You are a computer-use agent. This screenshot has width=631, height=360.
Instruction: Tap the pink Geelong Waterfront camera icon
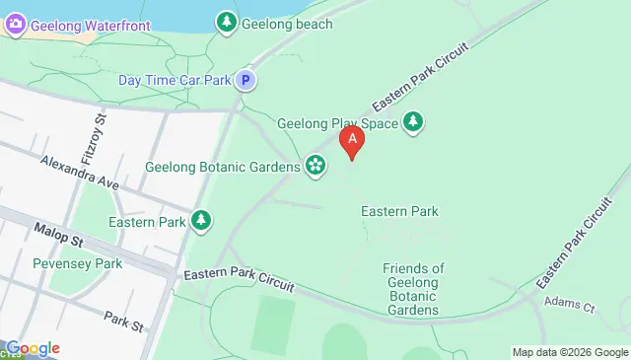(x=15, y=26)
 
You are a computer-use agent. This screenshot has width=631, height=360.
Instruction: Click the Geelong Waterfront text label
(x=90, y=26)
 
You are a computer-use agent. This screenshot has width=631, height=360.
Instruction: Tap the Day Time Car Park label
(x=175, y=80)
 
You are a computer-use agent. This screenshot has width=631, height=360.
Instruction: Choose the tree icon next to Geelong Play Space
(x=415, y=123)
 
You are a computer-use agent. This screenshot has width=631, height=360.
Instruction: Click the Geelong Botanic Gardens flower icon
(x=315, y=166)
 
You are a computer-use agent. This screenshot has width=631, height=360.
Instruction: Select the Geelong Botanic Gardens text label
(x=222, y=167)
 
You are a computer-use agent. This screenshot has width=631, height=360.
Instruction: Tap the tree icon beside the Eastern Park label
(x=201, y=220)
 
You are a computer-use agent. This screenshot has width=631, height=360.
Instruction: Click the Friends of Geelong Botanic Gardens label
(x=413, y=289)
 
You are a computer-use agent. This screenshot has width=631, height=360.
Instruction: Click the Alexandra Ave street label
(x=80, y=172)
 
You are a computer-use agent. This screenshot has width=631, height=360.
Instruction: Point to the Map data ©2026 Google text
(x=569, y=352)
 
